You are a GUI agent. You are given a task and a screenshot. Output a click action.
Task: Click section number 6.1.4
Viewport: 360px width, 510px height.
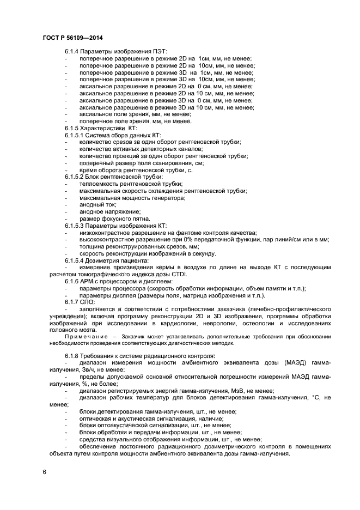point(74,51)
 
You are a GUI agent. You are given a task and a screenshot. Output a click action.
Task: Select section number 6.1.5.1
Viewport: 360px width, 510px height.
point(76,135)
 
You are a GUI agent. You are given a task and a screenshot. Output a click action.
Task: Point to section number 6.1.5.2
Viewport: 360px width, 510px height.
point(76,177)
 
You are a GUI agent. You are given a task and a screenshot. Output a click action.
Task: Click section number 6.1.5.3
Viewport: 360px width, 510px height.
point(76,226)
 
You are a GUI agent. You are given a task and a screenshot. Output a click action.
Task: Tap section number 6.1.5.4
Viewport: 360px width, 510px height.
point(76,260)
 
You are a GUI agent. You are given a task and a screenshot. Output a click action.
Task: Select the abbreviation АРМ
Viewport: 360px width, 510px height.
point(88,281)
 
